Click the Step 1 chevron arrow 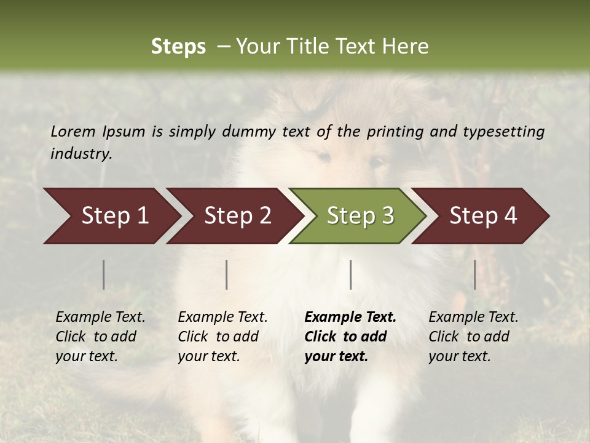click(x=111, y=216)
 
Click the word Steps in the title click(x=178, y=47)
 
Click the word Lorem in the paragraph click(x=73, y=131)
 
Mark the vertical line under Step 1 click(x=104, y=274)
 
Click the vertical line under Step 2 click(x=227, y=274)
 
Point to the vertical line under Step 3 click(x=350, y=274)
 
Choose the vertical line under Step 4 click(x=475, y=274)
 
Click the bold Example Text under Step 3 click(x=350, y=317)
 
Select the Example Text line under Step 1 click(x=100, y=317)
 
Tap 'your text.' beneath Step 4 click(x=460, y=356)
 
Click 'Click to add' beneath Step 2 click(x=218, y=337)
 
